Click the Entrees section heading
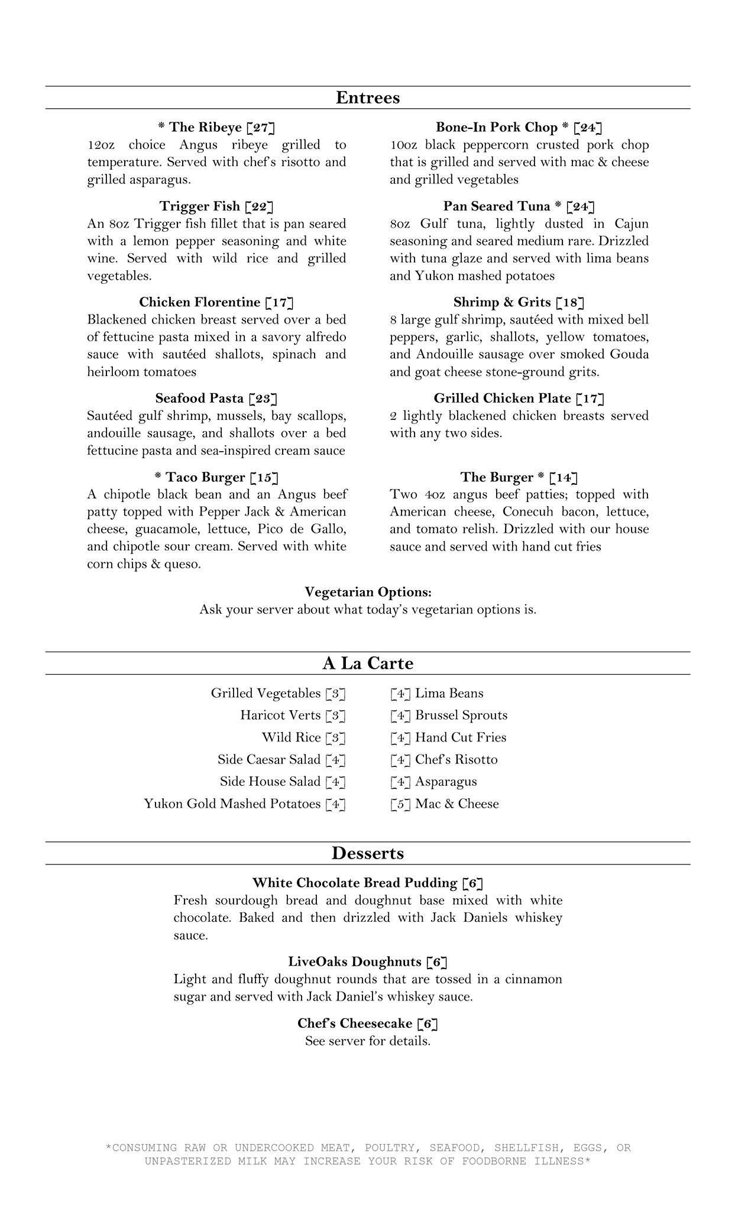pyautogui.click(x=367, y=98)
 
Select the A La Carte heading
pyautogui.click(x=367, y=663)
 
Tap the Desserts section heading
pyautogui.click(x=367, y=853)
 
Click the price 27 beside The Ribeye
pyautogui.click(x=261, y=128)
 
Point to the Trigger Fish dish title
pyautogui.click(x=199, y=206)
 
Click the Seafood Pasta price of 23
pyautogui.click(x=263, y=399)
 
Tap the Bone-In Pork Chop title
pyautogui.click(x=496, y=128)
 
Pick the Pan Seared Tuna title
pyautogui.click(x=496, y=206)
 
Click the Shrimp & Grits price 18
pyautogui.click(x=570, y=303)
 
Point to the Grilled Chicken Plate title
pyautogui.click(x=502, y=399)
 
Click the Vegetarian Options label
pyautogui.click(x=368, y=592)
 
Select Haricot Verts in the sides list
pyautogui.click(x=280, y=715)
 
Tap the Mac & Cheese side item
pyautogui.click(x=456, y=804)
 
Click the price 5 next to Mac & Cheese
pyautogui.click(x=400, y=804)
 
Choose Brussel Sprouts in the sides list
pyautogui.click(x=461, y=715)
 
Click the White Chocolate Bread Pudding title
pyautogui.click(x=355, y=883)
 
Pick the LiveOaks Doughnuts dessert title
pyautogui.click(x=355, y=962)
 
